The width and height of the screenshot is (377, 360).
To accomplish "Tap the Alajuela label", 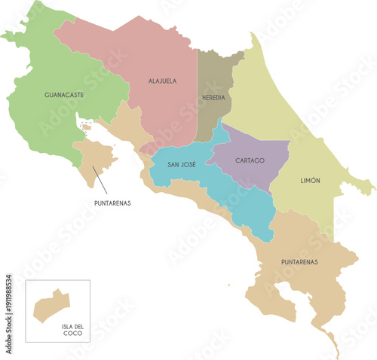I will click(x=162, y=81).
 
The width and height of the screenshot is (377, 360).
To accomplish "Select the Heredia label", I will click(x=213, y=98).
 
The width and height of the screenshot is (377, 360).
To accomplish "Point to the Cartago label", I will click(x=249, y=160).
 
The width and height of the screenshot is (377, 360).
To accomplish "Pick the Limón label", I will click(x=310, y=181).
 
